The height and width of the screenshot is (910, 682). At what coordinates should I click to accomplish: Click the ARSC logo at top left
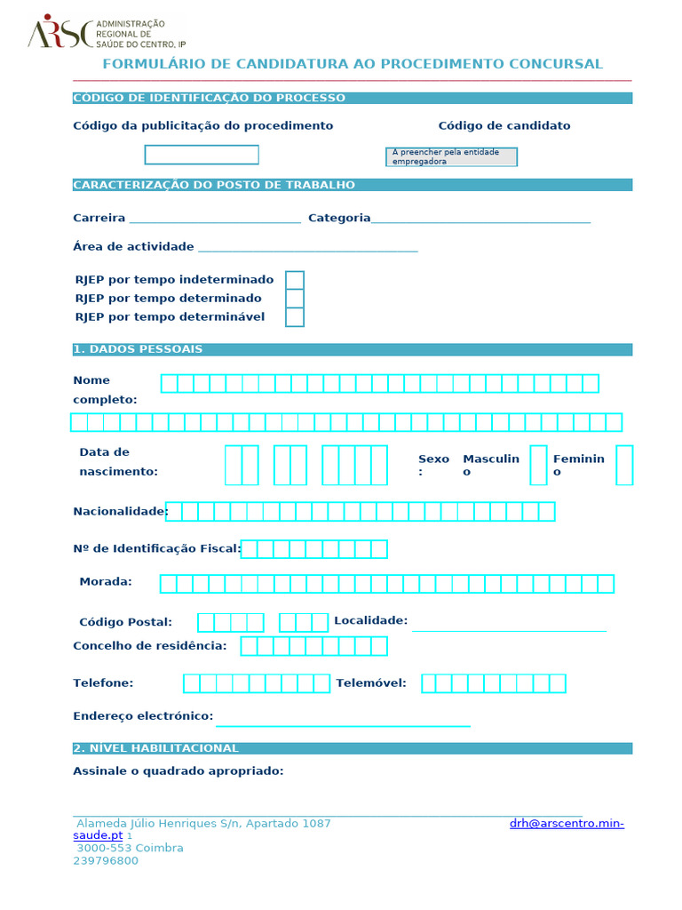pos(59,33)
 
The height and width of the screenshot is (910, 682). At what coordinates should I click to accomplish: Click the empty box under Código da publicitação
pos(202,155)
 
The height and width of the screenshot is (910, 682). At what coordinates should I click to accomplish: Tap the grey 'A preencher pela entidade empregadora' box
pos(451,157)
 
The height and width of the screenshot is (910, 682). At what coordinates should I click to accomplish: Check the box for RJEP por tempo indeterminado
pos(295,280)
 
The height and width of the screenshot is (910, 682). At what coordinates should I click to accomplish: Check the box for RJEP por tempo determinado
pos(295,299)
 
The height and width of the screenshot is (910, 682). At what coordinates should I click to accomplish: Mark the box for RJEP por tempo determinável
pos(295,317)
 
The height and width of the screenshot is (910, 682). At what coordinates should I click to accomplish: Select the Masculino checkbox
pos(538,465)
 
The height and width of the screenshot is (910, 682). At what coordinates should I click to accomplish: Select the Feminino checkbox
pos(624,465)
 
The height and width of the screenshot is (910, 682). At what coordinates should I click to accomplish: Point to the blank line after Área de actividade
pos(307,248)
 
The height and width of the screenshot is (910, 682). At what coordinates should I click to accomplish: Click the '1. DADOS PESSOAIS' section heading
pos(139,349)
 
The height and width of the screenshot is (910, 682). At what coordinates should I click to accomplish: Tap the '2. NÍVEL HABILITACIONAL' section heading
pos(156,748)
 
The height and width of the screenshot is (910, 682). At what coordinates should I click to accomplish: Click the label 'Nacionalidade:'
pos(120,511)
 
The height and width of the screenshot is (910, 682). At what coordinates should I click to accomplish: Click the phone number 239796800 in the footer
pos(106,860)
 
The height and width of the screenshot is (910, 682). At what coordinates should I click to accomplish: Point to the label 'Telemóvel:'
pos(371,683)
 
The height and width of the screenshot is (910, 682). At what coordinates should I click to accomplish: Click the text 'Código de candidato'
pos(504,126)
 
